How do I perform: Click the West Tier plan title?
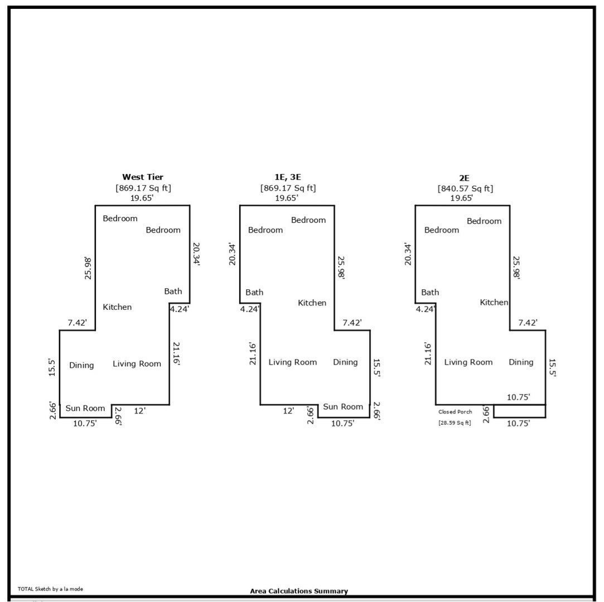143,177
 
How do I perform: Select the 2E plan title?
464,178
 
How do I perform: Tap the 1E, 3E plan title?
287,177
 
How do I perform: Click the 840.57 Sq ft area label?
465,188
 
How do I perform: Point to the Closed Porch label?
455,412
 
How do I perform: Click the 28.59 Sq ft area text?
455,423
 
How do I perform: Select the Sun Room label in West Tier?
85,409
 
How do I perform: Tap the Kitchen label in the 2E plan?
494,303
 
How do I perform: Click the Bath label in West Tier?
173,292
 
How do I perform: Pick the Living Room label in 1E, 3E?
293,362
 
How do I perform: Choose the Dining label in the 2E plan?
521,362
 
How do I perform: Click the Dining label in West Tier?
81,365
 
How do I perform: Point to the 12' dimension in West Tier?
140,411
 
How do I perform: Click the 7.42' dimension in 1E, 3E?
352,323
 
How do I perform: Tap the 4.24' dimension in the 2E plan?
426,309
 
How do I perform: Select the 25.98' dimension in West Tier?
89,268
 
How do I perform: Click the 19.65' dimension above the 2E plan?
461,198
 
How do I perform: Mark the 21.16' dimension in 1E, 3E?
253,353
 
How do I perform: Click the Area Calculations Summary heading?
299,591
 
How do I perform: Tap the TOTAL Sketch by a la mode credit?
50,589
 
